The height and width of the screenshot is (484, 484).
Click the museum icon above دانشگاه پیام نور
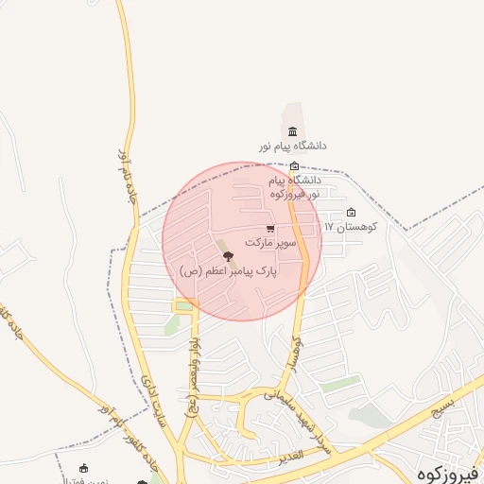pos(291,131)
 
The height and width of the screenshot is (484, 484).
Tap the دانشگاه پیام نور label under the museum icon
pos(294,147)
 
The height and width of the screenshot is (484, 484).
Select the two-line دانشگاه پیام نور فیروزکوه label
pos(294,186)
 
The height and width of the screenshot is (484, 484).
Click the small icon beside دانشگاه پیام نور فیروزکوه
pos(294,166)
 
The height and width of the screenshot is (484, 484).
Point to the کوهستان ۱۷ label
pos(351,227)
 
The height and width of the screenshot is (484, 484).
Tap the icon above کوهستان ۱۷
pos(352,213)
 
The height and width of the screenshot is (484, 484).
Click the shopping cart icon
pos(271,229)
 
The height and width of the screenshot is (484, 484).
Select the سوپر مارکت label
pos(271,243)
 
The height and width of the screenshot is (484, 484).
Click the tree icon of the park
pos(227,256)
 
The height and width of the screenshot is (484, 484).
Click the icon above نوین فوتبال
pos(83,468)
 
